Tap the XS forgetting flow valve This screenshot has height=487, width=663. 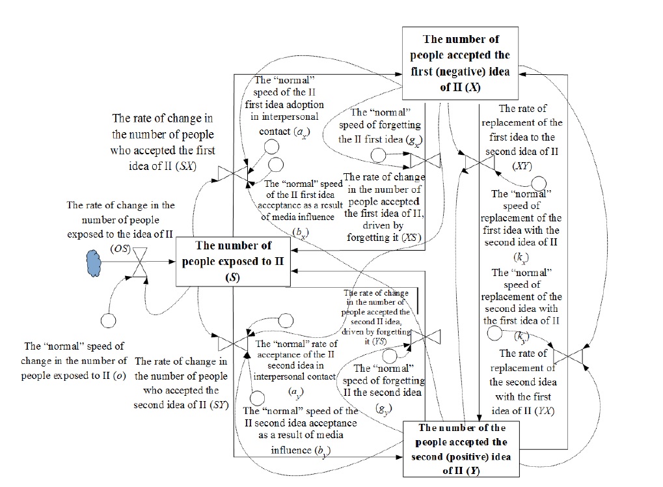click(431, 159)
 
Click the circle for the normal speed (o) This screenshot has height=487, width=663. click(107, 320)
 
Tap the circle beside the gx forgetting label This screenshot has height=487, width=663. click(377, 156)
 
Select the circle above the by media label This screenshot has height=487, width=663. click(257, 397)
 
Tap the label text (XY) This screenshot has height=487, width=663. click(521, 165)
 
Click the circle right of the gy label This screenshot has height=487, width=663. click(390, 356)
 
